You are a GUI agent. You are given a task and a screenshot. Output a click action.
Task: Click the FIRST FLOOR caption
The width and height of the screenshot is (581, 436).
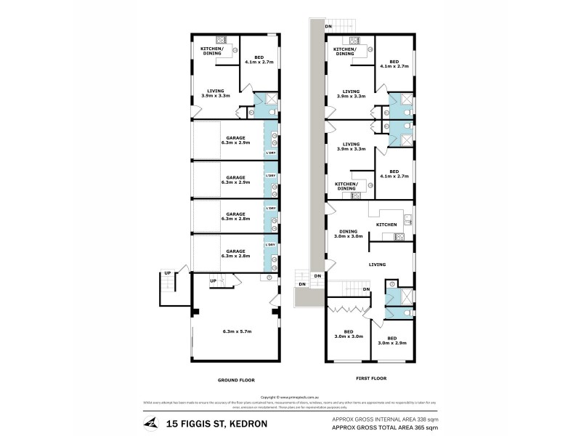coord(372,378)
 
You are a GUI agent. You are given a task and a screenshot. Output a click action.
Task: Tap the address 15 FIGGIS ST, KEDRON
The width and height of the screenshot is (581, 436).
coord(217,424)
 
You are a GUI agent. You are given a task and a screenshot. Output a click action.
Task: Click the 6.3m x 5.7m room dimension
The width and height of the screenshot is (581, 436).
coord(237,331)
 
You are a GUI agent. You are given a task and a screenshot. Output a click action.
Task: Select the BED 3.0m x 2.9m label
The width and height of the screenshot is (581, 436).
coord(391,340)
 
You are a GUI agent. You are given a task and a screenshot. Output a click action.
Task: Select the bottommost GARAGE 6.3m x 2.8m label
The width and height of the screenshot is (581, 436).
coord(235,254)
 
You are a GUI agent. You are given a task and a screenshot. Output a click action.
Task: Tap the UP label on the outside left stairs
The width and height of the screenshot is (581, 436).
coord(167,273)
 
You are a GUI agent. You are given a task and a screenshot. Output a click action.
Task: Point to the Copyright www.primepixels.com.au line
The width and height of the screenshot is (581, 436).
coord(290,397)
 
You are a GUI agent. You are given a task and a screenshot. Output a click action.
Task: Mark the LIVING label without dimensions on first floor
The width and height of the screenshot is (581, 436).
coord(376,265)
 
